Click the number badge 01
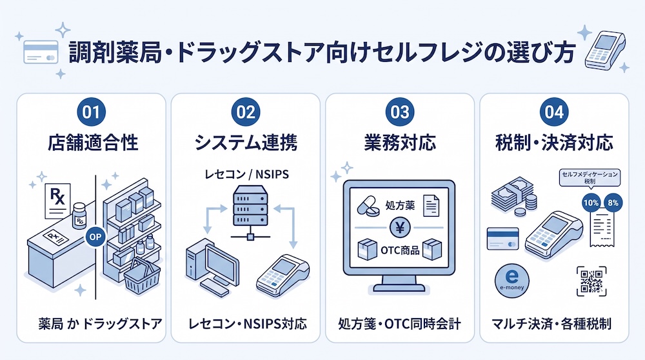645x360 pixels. tap(92, 112)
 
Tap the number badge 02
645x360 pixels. tap(246, 112)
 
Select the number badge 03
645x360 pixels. tap(400, 112)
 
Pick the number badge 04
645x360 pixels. tap(554, 112)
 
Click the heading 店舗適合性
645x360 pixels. tap(92, 143)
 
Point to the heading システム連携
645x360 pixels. tap(246, 143)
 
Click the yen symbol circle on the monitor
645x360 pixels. tap(400, 228)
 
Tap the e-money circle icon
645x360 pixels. tap(511, 281)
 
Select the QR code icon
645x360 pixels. tap(591, 281)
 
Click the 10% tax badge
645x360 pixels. tap(591, 203)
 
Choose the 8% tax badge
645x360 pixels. tap(613, 203)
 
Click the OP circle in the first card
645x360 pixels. tap(95, 237)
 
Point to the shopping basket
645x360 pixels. tap(142, 276)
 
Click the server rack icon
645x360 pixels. tap(250, 205)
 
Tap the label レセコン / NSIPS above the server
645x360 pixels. tap(247, 174)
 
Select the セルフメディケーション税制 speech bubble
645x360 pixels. tap(590, 177)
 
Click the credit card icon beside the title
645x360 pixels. tap(41, 52)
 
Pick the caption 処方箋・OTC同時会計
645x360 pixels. tap(399, 324)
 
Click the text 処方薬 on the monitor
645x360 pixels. tap(400, 205)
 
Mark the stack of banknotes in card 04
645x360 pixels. tap(511, 196)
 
